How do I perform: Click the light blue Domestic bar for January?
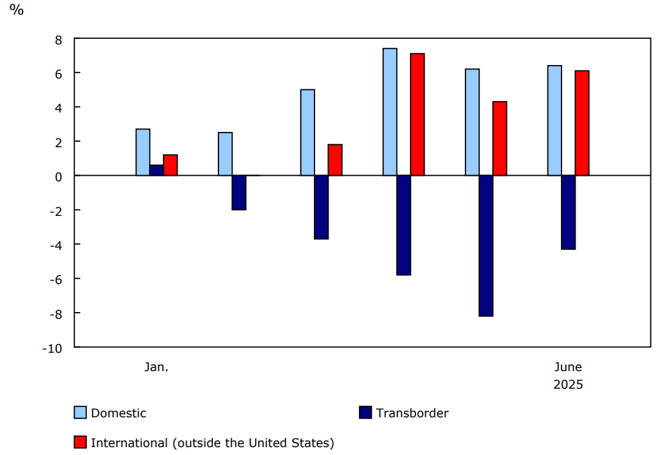point(143,152)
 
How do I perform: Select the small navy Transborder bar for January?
point(156,170)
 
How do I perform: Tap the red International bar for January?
point(170,165)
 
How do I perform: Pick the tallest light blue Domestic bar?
point(390,112)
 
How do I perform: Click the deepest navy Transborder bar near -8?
point(486,246)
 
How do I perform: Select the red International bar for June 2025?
point(582,123)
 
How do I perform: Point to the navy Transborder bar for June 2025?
point(568,212)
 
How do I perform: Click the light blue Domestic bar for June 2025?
point(554,120)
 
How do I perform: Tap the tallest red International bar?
point(417,114)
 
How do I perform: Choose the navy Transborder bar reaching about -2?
point(239,193)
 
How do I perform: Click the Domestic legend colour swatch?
point(80,413)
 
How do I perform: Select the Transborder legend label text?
point(412,413)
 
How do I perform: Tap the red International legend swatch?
point(80,443)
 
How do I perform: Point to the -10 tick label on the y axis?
point(52,348)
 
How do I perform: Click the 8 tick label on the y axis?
point(59,40)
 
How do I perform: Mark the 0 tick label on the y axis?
point(59,176)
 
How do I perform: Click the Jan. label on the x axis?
point(156,367)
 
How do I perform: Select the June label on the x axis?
point(568,367)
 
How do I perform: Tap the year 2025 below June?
point(568,385)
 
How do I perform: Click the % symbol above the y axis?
point(16,10)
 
